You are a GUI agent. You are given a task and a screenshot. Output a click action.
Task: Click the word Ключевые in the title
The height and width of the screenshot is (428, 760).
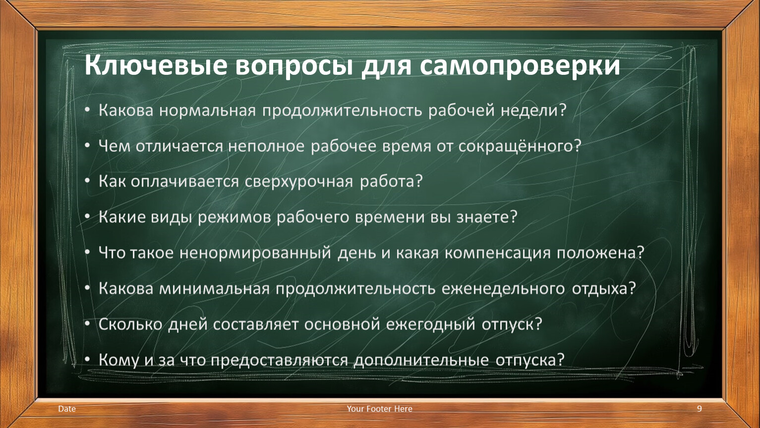(x=155, y=64)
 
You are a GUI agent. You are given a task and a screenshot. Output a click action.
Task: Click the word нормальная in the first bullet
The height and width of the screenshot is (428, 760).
(x=207, y=110)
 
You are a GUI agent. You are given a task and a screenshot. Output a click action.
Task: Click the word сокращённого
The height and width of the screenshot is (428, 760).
(x=520, y=146)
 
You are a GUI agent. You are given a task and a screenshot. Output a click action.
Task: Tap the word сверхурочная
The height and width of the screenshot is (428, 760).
(x=299, y=182)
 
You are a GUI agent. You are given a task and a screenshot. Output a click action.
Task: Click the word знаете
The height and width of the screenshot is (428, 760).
(x=486, y=217)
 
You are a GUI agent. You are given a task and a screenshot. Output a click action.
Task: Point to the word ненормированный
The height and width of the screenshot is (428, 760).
(x=255, y=253)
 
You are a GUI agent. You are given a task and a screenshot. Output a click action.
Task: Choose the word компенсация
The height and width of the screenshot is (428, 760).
(x=497, y=253)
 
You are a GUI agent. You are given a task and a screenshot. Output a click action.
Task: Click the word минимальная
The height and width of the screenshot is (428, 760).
(x=214, y=289)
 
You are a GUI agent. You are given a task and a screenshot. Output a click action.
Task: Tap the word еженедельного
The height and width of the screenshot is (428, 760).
(x=503, y=289)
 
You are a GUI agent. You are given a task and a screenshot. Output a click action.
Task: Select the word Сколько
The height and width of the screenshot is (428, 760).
(x=130, y=324)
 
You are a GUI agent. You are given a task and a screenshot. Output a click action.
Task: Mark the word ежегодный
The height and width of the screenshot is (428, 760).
(x=430, y=324)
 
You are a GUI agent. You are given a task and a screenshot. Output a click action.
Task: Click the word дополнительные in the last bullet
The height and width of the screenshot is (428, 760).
(x=421, y=360)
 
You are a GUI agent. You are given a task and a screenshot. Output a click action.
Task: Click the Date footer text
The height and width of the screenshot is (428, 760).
(x=67, y=409)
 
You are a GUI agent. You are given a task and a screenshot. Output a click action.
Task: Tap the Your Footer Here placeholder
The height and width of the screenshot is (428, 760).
(x=379, y=409)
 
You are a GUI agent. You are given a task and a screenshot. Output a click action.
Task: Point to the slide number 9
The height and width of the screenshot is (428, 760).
(x=699, y=409)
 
